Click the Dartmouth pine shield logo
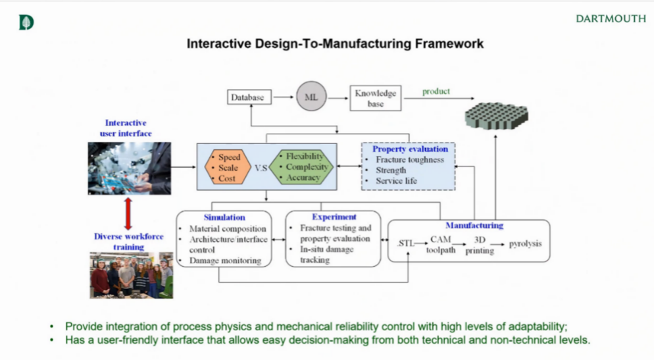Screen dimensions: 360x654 point(26,22)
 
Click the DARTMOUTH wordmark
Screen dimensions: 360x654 point(611,19)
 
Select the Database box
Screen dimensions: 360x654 point(247,97)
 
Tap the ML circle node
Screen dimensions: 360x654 point(311,97)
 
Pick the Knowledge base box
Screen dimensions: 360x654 point(375,98)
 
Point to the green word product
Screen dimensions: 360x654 point(436,91)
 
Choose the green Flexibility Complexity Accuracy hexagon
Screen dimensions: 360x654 point(302,167)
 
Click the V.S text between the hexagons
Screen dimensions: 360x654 point(261,168)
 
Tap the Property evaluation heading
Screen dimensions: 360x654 point(410,149)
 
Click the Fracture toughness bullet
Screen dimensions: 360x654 point(409,160)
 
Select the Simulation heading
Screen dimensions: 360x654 point(224,217)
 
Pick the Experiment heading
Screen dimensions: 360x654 point(334,217)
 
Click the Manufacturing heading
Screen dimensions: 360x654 point(474,225)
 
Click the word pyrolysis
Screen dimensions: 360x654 point(525,244)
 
